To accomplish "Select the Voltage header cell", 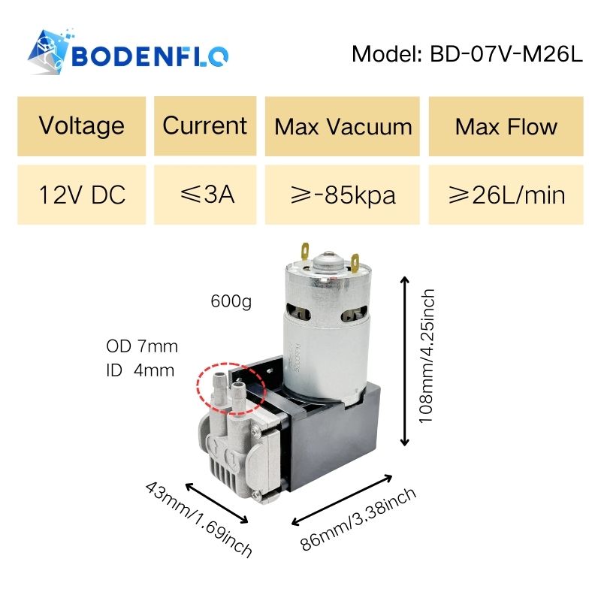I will pos(82,125).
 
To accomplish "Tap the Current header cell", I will pos(204,125).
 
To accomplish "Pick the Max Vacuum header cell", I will pos(343,125).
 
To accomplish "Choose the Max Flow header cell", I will pos(506,125).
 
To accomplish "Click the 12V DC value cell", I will pos(82,195).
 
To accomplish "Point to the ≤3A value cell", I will pos(204,195).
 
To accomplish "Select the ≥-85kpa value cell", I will pos(343,195).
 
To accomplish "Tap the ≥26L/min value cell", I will pos(506,195).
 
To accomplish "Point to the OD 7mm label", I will pos(142,346).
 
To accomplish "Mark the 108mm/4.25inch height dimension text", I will pos(427,356).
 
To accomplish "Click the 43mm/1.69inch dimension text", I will pos(197,519).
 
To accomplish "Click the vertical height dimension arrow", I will pos(406,361).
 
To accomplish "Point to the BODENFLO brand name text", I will pos(150,56).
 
